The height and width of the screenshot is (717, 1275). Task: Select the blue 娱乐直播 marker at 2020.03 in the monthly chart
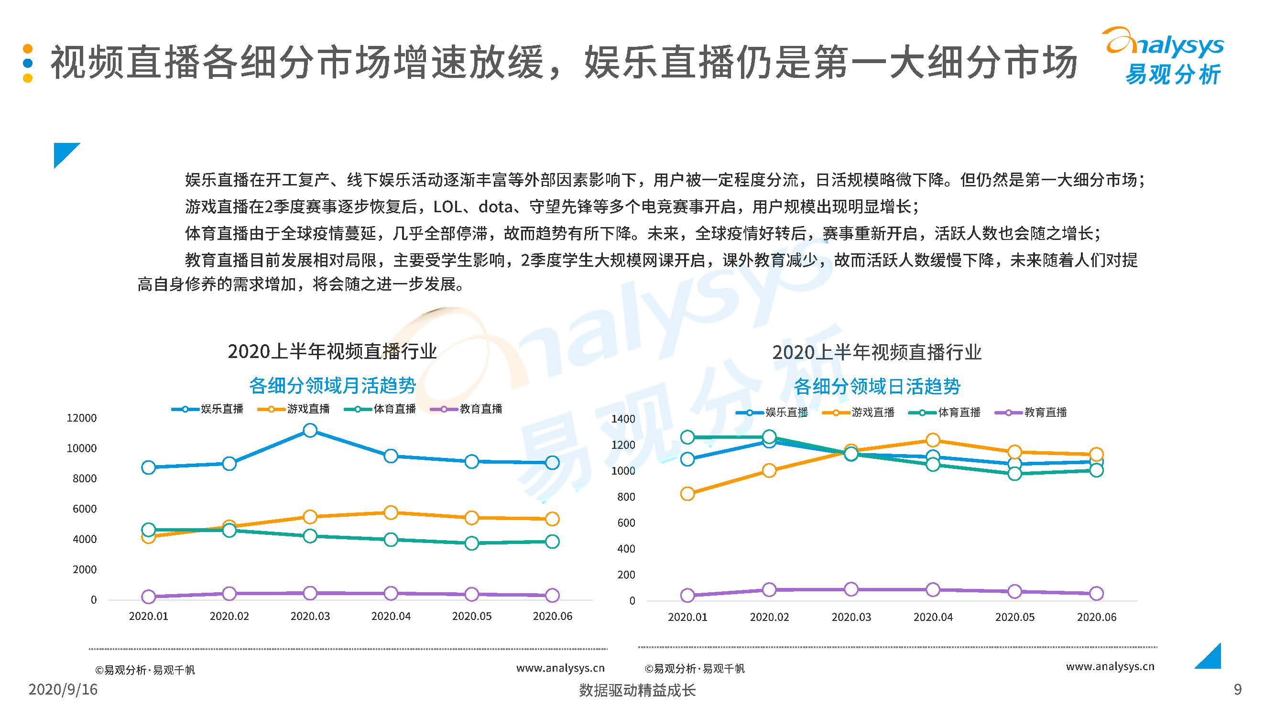[x=310, y=431]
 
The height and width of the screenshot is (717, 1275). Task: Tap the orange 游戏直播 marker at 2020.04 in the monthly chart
[x=391, y=512]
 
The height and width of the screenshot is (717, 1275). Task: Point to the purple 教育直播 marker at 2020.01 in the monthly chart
[x=149, y=597]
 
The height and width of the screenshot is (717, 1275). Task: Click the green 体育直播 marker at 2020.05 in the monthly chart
[x=472, y=543]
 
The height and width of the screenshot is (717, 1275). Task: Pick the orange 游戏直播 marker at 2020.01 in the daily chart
[x=687, y=494]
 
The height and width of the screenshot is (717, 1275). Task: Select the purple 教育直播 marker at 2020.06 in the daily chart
[x=1096, y=593]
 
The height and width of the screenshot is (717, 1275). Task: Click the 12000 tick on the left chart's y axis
[x=82, y=418]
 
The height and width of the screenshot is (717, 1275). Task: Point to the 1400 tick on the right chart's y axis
[x=623, y=419]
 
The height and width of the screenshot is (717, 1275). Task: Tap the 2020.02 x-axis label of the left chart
[x=229, y=616]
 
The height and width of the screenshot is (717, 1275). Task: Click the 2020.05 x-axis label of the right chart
[x=1014, y=617]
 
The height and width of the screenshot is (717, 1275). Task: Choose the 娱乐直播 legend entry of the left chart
[x=208, y=409]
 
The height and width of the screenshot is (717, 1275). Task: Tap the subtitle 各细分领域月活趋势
[x=333, y=385]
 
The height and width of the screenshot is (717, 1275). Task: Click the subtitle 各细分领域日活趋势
[x=877, y=386]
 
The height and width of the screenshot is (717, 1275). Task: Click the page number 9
[x=1237, y=689]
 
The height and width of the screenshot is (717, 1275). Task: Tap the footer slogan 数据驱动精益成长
[x=637, y=690]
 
